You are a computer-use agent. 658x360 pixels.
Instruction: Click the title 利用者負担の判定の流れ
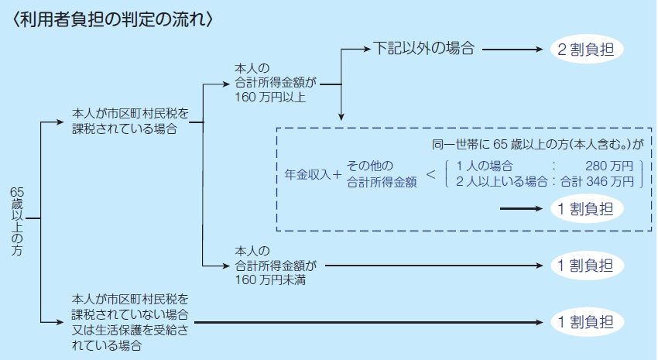(x=113, y=19)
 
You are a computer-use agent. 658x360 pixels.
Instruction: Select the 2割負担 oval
(x=586, y=49)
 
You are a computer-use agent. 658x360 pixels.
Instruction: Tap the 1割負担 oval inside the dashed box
(x=586, y=208)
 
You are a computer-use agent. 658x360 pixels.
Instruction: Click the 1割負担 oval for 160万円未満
(x=586, y=266)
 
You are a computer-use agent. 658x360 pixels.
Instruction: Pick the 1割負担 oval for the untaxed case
(x=586, y=322)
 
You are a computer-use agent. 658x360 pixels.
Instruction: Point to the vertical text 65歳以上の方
(x=17, y=221)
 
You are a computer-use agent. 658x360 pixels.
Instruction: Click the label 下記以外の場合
(x=424, y=48)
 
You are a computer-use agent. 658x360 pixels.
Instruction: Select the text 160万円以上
(x=270, y=98)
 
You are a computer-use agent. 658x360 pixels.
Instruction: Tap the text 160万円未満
(x=270, y=279)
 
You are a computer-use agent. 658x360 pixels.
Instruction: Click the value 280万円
(x=609, y=166)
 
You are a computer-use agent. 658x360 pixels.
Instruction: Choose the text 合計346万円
(x=597, y=182)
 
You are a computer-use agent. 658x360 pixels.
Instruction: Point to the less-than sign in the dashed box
(x=431, y=174)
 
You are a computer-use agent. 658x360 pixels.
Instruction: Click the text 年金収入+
(x=313, y=174)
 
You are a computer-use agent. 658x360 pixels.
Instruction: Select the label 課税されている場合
(x=125, y=129)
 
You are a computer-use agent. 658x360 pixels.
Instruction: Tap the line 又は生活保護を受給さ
(x=130, y=331)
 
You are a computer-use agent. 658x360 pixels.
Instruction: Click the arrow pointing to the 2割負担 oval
(x=512, y=49)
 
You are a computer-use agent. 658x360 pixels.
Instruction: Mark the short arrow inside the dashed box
(x=521, y=208)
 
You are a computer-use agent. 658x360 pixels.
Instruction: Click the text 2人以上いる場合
(x=502, y=182)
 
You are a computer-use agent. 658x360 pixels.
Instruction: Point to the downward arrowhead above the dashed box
(x=341, y=117)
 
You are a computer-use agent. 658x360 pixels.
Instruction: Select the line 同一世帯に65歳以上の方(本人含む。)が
(x=537, y=145)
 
